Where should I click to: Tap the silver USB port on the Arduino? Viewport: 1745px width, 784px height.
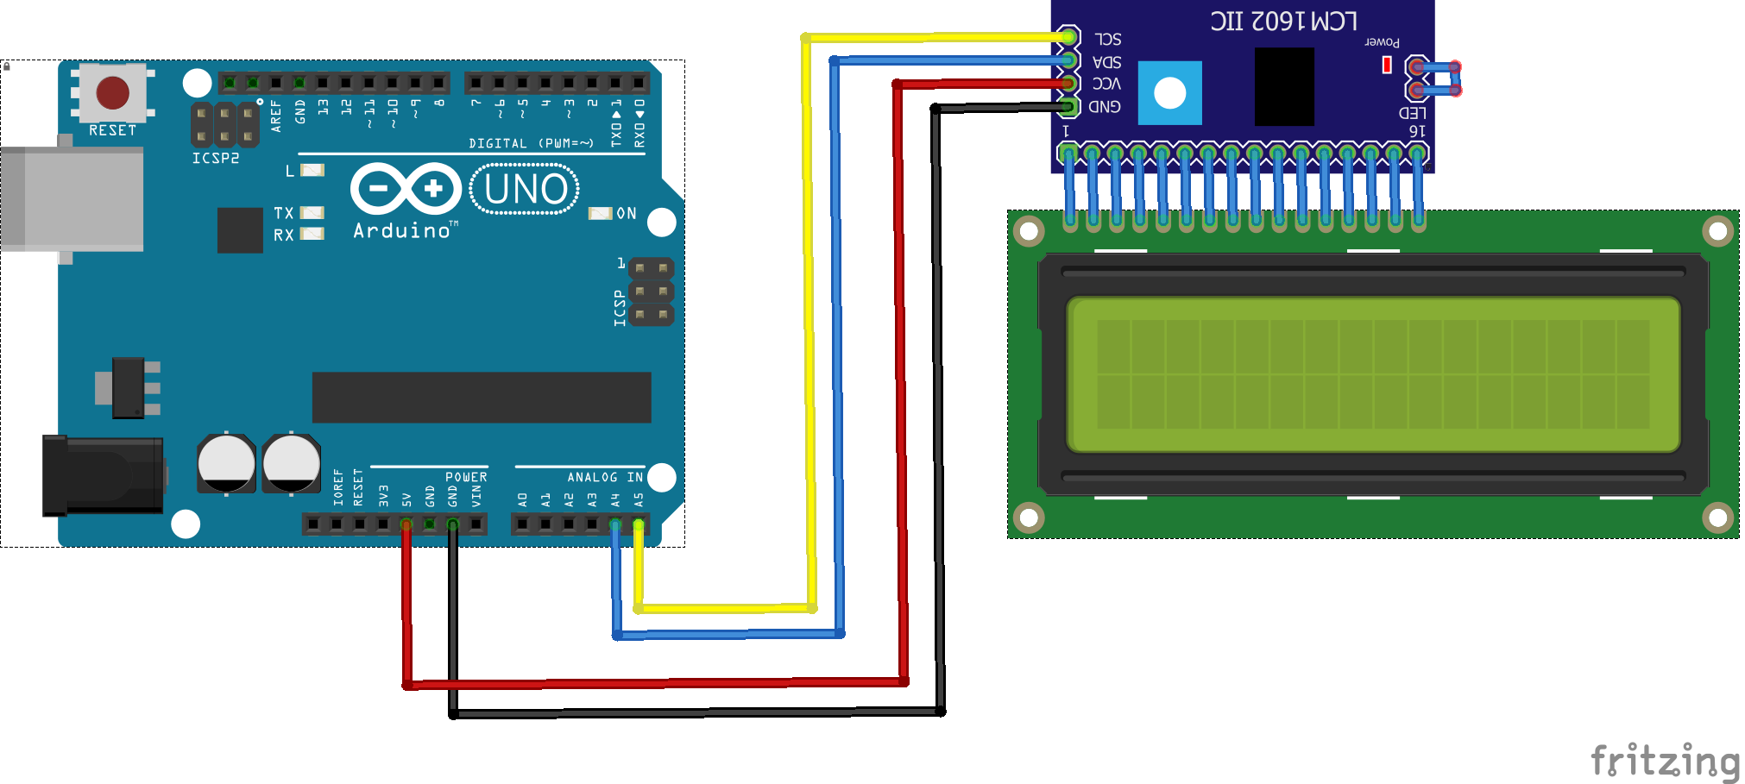pyautogui.click(x=72, y=198)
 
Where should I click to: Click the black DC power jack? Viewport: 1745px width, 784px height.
pyautogui.click(x=104, y=475)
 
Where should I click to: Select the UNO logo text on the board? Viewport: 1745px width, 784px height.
pyautogui.click(x=525, y=189)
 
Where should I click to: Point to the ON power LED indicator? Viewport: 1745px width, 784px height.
pyautogui.click(x=600, y=213)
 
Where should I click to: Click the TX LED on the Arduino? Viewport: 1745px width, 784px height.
pyautogui.click(x=312, y=212)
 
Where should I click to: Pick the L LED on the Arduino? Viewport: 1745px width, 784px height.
pyautogui.click(x=312, y=170)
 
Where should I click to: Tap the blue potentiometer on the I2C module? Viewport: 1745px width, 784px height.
pyautogui.click(x=1169, y=93)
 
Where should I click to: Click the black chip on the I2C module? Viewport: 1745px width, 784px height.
pyautogui.click(x=1283, y=86)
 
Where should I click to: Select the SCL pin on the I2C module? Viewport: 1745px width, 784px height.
pyautogui.click(x=1068, y=37)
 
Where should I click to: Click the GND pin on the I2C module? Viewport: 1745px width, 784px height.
pyautogui.click(x=1068, y=107)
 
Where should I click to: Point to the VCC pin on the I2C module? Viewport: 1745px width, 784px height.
pyautogui.click(x=1068, y=84)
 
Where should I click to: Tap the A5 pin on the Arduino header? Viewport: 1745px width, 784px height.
pyautogui.click(x=639, y=524)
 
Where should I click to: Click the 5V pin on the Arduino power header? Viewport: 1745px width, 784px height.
pyautogui.click(x=406, y=524)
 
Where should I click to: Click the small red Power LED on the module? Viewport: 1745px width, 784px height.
pyautogui.click(x=1387, y=65)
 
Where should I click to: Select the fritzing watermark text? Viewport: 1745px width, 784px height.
pyautogui.click(x=1664, y=761)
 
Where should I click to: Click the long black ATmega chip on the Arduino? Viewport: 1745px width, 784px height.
pyautogui.click(x=481, y=398)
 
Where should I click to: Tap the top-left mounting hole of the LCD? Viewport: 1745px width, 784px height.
pyautogui.click(x=1028, y=231)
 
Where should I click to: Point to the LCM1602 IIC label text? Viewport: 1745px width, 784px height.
pyautogui.click(x=1283, y=21)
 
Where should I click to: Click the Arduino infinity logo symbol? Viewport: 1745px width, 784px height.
pyautogui.click(x=406, y=188)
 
